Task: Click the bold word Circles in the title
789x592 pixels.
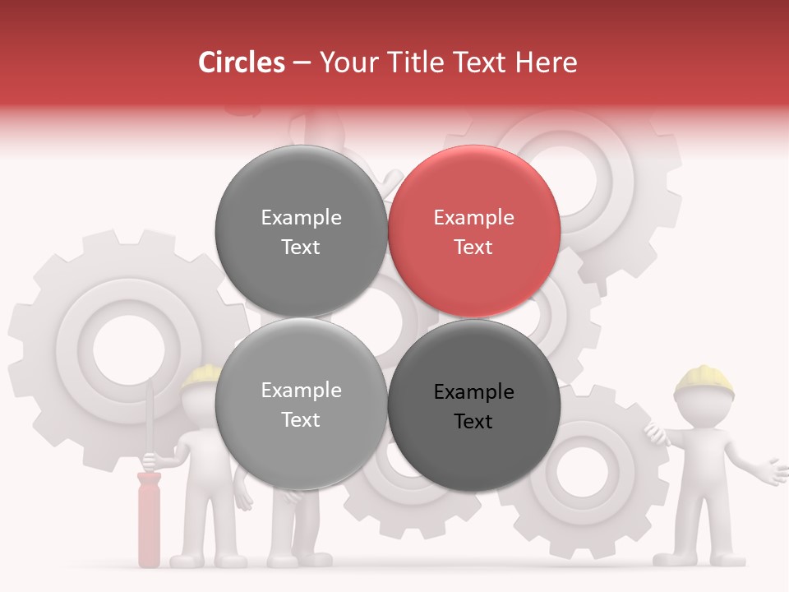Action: click(x=242, y=62)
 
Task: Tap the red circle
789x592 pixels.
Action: click(x=474, y=232)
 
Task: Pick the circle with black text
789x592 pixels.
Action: click(x=474, y=405)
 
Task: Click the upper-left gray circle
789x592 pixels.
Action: click(x=301, y=232)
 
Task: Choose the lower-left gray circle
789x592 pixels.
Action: click(x=301, y=405)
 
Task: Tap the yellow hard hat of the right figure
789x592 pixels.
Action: click(x=704, y=378)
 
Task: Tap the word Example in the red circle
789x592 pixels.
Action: click(x=473, y=218)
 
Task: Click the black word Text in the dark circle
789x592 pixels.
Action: click(x=473, y=421)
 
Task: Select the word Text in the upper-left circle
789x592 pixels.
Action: click(x=301, y=247)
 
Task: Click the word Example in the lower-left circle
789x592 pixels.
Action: click(x=301, y=391)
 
